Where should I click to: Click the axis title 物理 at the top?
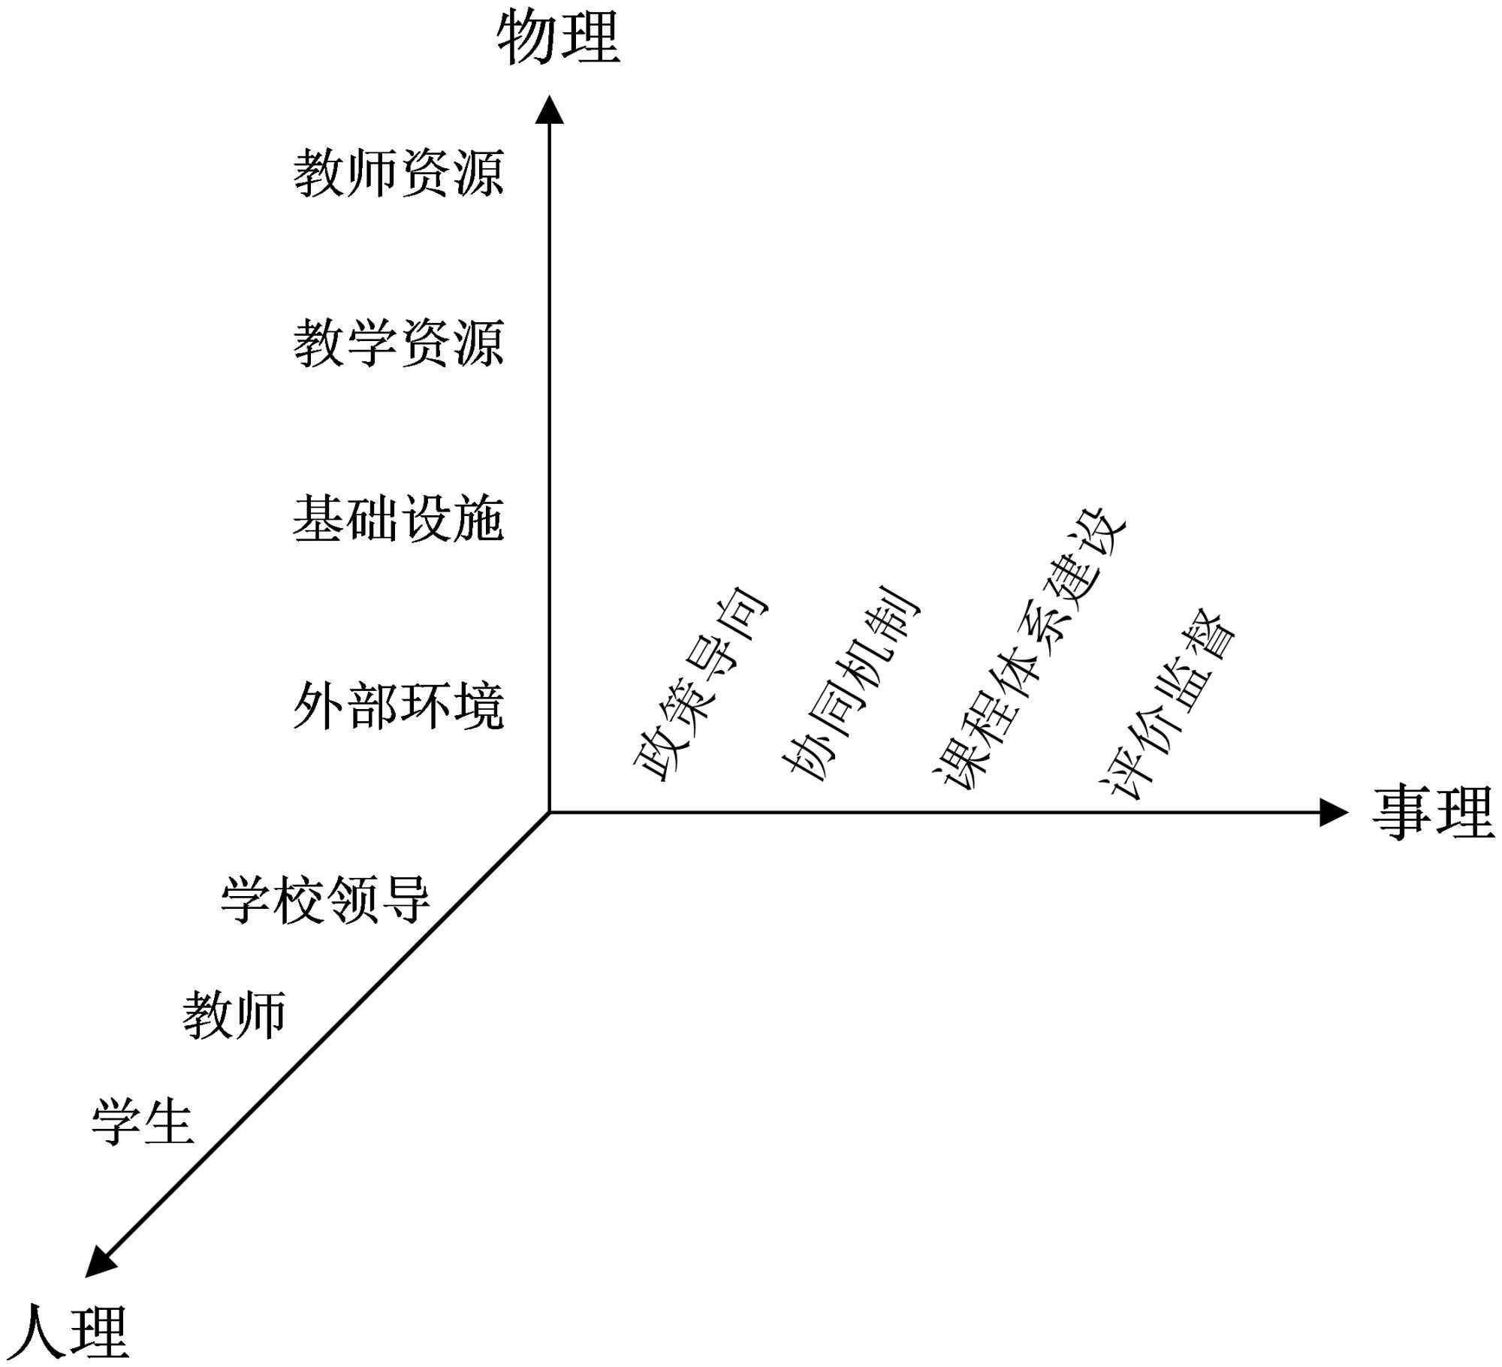point(558,37)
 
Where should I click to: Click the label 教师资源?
point(398,173)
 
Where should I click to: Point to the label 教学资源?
point(398,343)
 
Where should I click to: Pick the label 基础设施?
point(398,518)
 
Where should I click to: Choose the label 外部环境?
point(398,706)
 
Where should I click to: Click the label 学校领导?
point(325,899)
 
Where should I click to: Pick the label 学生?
point(143,1122)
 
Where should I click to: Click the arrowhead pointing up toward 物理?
point(549,110)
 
